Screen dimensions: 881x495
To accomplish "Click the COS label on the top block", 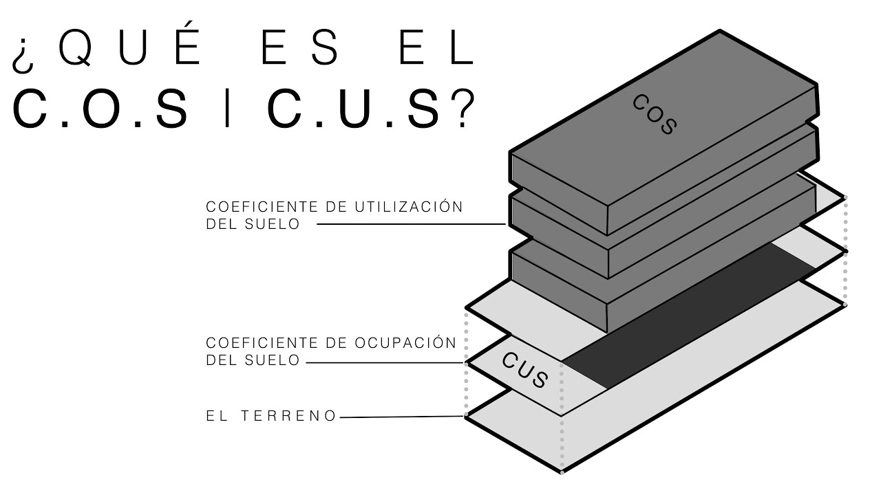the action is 655,114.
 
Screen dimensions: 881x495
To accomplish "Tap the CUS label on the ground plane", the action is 524,369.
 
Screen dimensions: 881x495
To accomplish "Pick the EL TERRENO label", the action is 271,416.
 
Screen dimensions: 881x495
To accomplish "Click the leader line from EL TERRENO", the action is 403,417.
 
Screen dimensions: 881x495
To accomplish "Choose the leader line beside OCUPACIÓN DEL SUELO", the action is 385,362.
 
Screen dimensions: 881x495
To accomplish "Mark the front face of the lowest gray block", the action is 558,289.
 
